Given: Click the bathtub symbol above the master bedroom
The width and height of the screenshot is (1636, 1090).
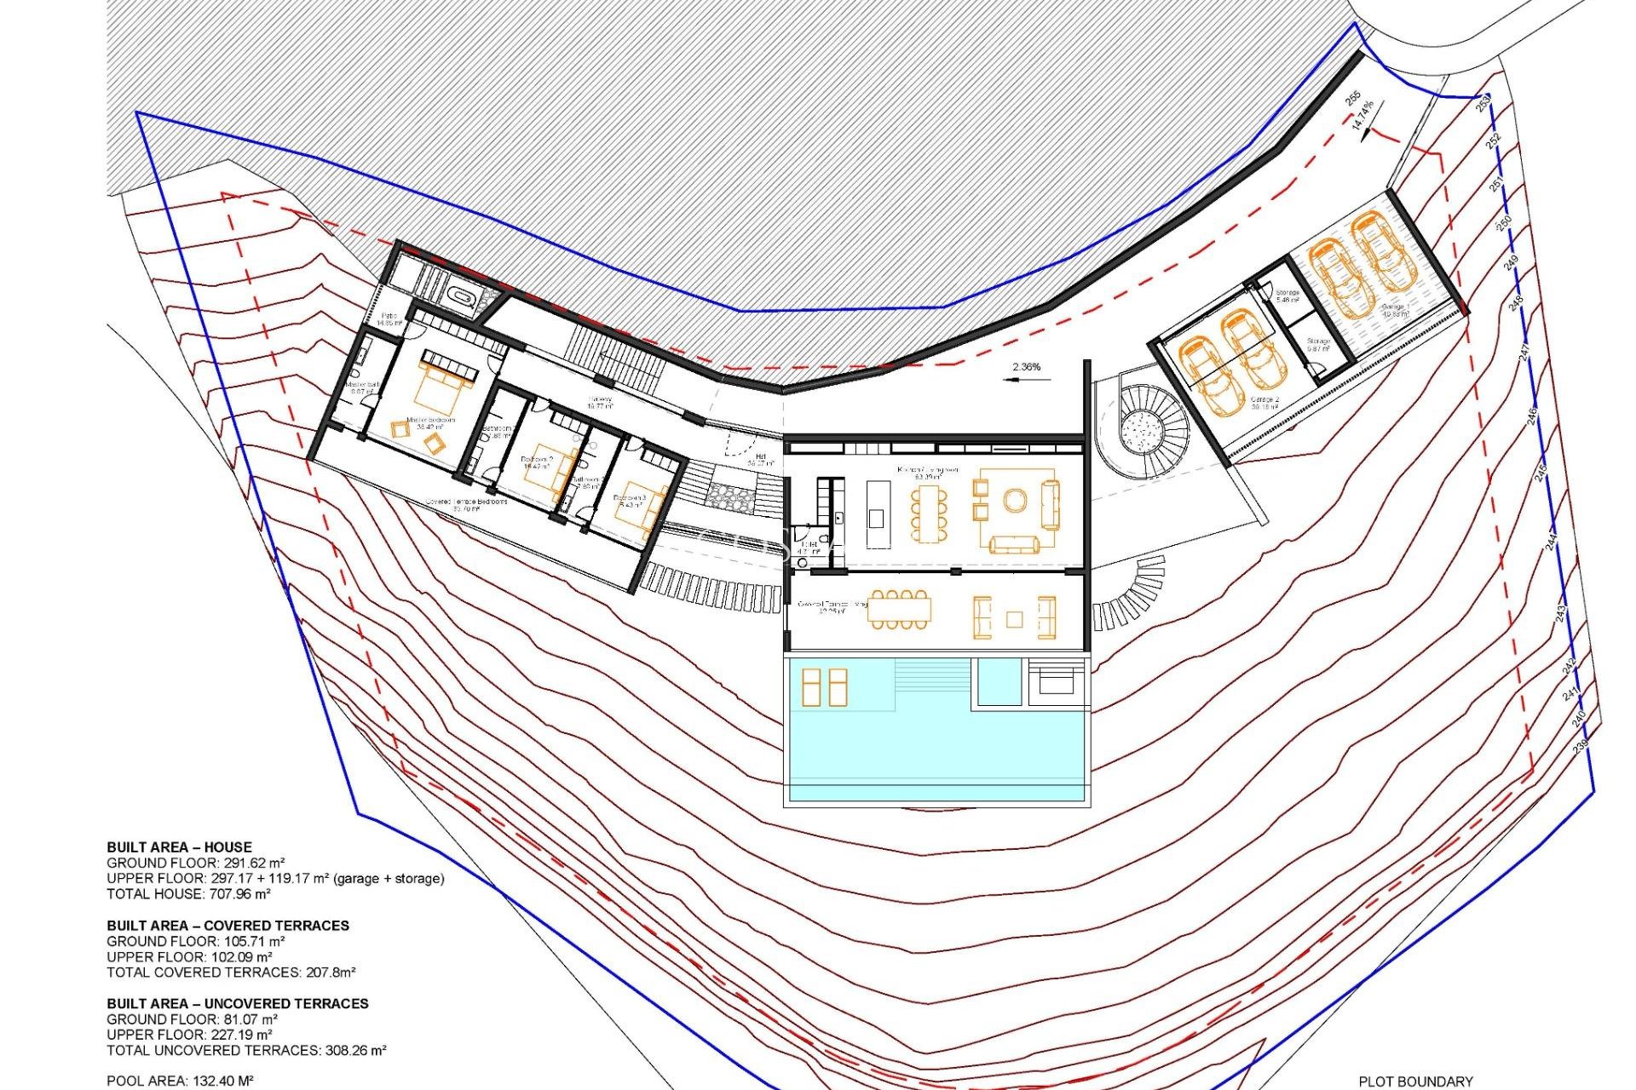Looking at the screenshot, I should [x=464, y=298].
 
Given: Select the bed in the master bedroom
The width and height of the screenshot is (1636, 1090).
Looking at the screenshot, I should [x=445, y=386].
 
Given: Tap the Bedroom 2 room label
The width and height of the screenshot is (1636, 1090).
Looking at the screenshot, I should [x=537, y=462].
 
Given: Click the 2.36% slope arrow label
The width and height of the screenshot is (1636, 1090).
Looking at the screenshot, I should [x=1026, y=367].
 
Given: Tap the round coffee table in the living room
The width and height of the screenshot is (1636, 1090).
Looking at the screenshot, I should [x=1015, y=500].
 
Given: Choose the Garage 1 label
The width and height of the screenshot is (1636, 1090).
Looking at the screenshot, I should [x=1395, y=309].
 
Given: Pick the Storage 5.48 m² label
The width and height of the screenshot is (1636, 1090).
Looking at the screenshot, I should [x=1287, y=295].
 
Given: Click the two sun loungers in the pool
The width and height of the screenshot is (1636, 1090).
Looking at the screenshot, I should [x=824, y=687].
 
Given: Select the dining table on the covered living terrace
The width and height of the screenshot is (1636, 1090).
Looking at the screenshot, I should [x=899, y=610].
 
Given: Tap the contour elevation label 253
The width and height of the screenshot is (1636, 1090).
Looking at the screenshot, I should [x=1483, y=103].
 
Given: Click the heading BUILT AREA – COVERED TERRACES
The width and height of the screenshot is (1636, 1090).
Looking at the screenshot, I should [x=228, y=926].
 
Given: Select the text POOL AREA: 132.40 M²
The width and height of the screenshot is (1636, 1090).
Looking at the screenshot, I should [x=180, y=1081].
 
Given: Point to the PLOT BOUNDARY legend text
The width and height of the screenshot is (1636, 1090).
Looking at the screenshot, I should [x=1415, y=1081].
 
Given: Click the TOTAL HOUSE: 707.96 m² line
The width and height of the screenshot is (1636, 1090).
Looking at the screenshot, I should [x=188, y=894].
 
